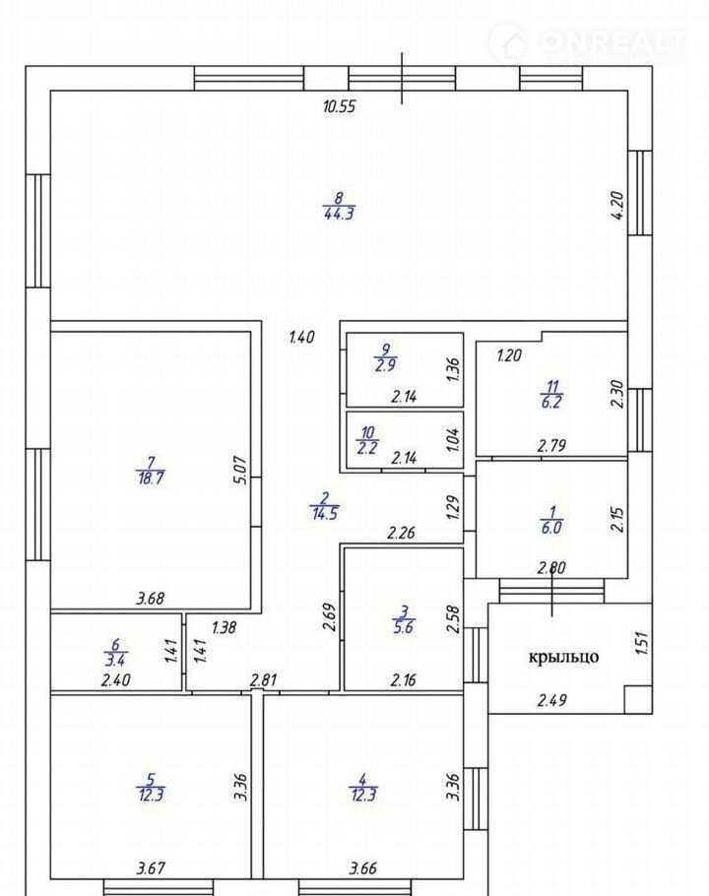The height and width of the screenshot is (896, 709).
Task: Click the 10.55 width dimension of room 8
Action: (340, 107)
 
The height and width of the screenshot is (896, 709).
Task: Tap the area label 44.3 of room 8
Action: (340, 215)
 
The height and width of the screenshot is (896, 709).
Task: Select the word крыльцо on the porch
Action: (563, 657)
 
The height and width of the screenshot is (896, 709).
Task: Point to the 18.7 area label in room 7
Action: (151, 479)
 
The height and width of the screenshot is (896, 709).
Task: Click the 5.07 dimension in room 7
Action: (241, 470)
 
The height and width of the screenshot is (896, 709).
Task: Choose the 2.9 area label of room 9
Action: (386, 365)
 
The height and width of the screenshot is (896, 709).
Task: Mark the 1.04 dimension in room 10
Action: (453, 440)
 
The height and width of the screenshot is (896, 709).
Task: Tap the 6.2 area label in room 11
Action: (551, 403)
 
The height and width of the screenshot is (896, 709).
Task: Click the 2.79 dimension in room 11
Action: (551, 446)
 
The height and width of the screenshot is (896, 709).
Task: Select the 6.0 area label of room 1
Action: (550, 528)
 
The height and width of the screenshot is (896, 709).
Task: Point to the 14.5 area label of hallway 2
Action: (325, 513)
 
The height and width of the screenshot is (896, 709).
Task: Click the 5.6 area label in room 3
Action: (404, 627)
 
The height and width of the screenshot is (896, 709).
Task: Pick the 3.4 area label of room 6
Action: (115, 660)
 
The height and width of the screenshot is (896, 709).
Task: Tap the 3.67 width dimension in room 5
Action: (151, 869)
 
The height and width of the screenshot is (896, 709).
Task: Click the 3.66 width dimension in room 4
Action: (363, 869)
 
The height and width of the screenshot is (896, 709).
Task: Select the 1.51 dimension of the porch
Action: (642, 642)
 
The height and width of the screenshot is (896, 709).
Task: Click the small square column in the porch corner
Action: (638, 700)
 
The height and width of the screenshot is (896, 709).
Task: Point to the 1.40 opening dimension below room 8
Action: (301, 337)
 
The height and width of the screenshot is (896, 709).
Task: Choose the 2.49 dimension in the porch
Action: (551, 700)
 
